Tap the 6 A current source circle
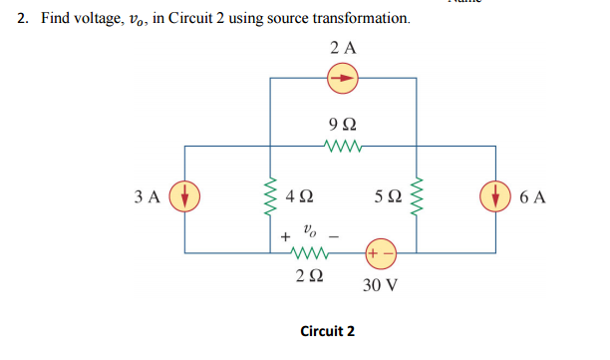pos(497,195)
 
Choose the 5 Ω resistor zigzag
pos(420,196)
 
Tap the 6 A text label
pos(532,196)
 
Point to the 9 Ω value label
pos(343,124)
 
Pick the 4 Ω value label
pos(300,196)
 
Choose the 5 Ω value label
pos(390,196)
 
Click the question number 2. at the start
pos(25,19)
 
